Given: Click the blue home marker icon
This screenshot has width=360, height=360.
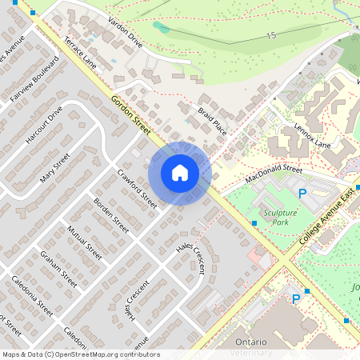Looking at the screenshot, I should (x=180, y=173).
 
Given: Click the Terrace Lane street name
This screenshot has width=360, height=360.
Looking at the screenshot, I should (x=80, y=52).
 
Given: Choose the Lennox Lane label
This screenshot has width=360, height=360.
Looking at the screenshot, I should (x=312, y=134).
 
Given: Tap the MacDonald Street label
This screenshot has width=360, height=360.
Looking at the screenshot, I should (x=274, y=174).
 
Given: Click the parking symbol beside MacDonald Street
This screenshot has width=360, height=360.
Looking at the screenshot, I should (x=302, y=194).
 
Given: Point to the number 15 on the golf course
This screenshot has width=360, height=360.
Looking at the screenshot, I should (x=272, y=36).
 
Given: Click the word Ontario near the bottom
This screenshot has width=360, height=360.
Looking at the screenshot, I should (x=250, y=342).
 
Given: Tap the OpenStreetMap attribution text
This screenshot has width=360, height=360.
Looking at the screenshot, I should (x=81, y=354).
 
